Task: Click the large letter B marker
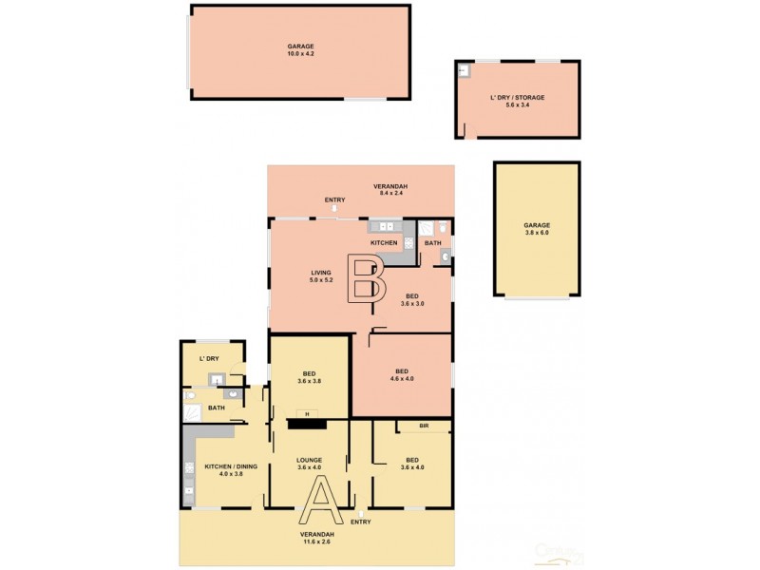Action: (x=366, y=278)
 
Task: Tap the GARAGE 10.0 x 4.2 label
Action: (x=300, y=50)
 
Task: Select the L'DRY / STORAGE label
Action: (x=517, y=102)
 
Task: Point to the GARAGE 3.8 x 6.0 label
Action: (x=537, y=229)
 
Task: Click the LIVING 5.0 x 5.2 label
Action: (x=320, y=276)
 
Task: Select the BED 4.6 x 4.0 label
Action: (x=402, y=375)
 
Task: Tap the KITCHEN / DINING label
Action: (x=231, y=470)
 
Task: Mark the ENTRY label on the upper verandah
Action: (x=334, y=199)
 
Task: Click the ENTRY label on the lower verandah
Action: (x=361, y=522)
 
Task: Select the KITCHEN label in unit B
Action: (x=384, y=244)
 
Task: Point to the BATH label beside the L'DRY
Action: (x=217, y=408)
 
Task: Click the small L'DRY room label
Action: (x=209, y=358)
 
